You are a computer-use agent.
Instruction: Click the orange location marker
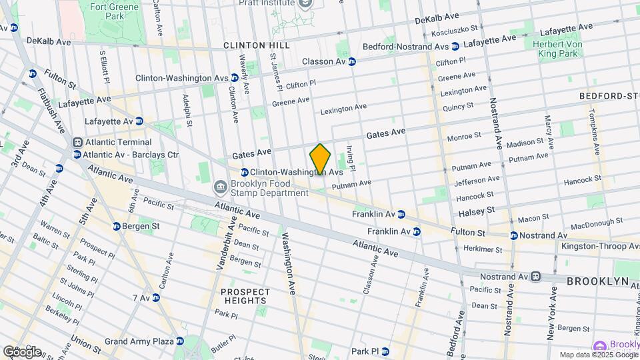tap(321, 159)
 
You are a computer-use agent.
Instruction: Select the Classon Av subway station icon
tap(352, 62)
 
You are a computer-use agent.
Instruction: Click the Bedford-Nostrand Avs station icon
tap(455, 47)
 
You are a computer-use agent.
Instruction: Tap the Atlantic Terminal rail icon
tap(77, 142)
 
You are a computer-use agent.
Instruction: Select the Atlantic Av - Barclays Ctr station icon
tap(77, 155)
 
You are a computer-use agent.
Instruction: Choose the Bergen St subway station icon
tap(117, 227)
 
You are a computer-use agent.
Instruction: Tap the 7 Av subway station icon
tap(155, 297)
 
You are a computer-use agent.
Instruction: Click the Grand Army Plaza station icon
tap(179, 341)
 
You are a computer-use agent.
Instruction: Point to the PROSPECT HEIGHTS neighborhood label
tap(245, 297)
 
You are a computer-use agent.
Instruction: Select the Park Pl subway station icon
tap(385, 351)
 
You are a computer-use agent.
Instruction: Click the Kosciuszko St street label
tap(455, 30)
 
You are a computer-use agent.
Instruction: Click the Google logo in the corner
tap(21, 351)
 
